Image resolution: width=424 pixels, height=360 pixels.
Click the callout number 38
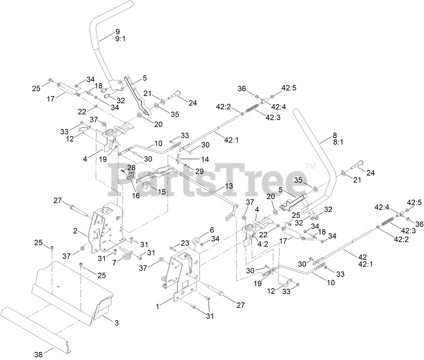tap(39, 354)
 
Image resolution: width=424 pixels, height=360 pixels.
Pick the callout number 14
tap(205, 159)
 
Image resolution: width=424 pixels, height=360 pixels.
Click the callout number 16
tap(136, 195)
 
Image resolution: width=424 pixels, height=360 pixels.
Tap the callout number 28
tap(131, 167)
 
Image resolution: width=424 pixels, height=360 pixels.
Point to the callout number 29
tap(199, 171)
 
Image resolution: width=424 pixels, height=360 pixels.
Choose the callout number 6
tap(212, 230)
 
